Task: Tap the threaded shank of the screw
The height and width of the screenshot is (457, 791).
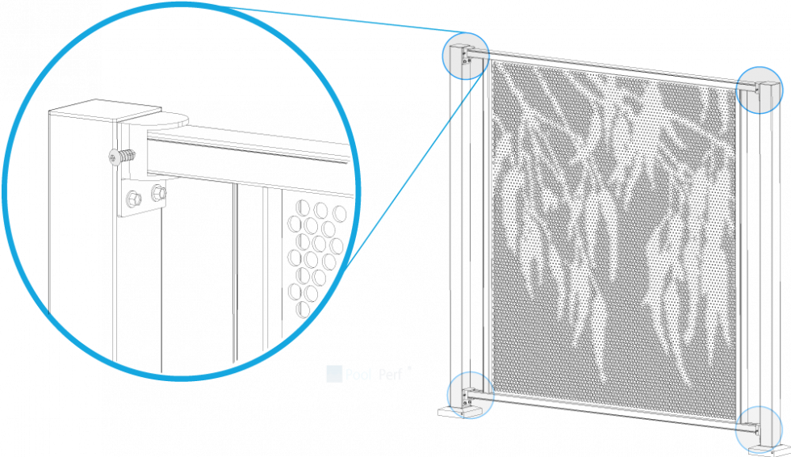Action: [x=128, y=154]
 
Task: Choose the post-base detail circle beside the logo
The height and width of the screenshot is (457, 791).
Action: [x=471, y=396]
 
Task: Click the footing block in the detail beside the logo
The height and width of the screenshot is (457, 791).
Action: [x=475, y=411]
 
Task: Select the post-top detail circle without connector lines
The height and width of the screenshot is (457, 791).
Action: [x=760, y=90]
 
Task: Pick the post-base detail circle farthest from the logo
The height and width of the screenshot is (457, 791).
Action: [x=759, y=430]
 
